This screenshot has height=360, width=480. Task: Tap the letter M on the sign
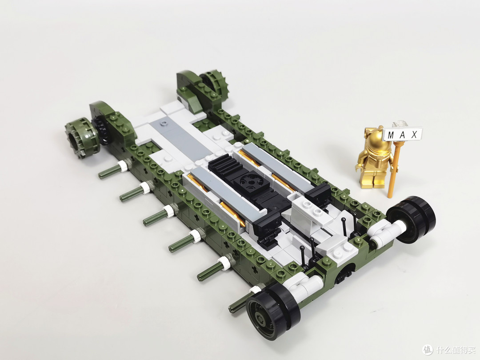tap(391, 135)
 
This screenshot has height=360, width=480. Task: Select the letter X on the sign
tap(415, 134)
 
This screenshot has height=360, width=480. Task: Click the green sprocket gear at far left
tap(77, 138)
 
